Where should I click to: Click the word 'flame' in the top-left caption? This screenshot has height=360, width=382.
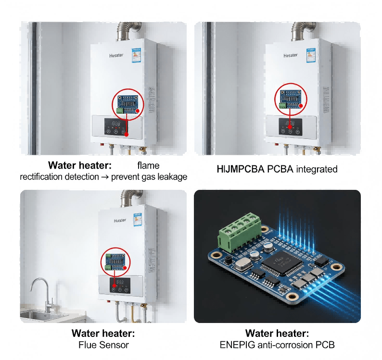(x=148, y=166)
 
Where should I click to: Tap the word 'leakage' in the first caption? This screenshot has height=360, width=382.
(x=169, y=177)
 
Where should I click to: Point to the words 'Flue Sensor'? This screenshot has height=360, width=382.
(x=103, y=345)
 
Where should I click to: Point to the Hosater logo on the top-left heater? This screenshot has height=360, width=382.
(x=116, y=55)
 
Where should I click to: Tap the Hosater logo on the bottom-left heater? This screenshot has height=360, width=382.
(x=120, y=220)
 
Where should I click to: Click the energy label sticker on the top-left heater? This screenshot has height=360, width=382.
(x=138, y=54)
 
